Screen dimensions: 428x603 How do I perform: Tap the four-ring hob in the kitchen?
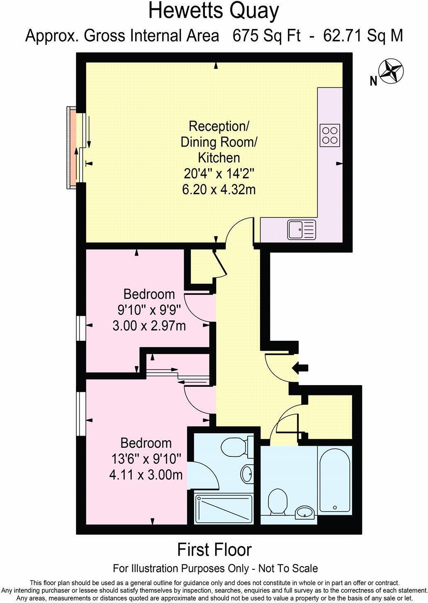(330, 135)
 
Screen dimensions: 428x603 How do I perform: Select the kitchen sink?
(302, 229)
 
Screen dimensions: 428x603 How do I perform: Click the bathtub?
(335, 480)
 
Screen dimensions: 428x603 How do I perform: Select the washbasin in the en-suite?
(247, 473)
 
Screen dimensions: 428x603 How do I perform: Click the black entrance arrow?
(300, 368)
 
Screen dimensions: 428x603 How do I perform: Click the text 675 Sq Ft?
(266, 36)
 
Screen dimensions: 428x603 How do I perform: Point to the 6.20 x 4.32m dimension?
(219, 190)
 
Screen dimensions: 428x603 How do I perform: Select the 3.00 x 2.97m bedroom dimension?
(149, 326)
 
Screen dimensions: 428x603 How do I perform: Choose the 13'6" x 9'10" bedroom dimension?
(146, 459)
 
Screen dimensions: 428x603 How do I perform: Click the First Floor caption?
(214, 550)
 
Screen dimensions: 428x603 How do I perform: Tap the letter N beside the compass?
(374, 81)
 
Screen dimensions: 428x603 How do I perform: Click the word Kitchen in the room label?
(219, 158)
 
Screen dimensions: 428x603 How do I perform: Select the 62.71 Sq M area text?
(363, 36)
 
